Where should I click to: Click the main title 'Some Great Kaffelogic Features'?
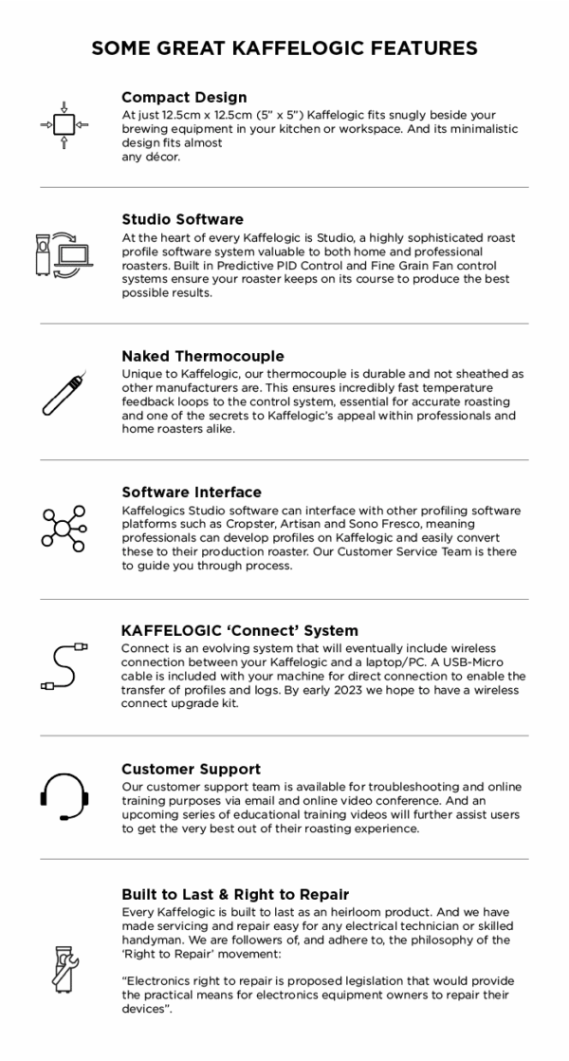[x=284, y=47]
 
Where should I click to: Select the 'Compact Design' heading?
[x=184, y=97]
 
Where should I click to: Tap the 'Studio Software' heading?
[x=182, y=219]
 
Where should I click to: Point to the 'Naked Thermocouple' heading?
[x=202, y=356]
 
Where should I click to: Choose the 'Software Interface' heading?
[x=192, y=492]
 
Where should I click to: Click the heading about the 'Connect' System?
[x=240, y=630]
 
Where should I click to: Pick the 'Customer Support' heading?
[x=191, y=769]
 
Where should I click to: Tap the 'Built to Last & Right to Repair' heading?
[x=235, y=894]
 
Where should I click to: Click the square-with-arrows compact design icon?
[x=64, y=124]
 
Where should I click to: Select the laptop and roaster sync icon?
[x=62, y=254]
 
